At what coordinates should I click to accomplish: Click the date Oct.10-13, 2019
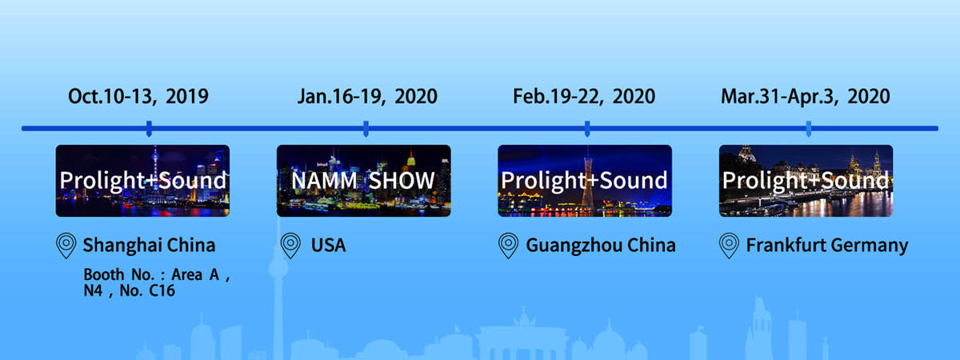coord(138,96)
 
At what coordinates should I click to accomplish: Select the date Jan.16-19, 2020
coord(367,96)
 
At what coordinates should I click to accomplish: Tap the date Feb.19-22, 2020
coord(584,96)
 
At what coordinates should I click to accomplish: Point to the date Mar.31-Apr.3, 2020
coord(806,96)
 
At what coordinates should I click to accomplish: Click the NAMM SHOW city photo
coord(363,181)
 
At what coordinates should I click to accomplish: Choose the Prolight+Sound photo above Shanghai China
coord(142,181)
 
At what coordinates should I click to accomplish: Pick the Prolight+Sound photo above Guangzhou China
coord(585,181)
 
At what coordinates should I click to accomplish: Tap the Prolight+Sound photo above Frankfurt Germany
coord(806,181)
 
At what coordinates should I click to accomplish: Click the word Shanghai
coord(122,246)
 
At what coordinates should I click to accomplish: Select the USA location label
coord(328,245)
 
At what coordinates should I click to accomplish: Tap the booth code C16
coord(162,290)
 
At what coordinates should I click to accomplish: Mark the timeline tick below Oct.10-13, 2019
coord(149,129)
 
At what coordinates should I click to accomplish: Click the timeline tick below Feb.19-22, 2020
coord(587,129)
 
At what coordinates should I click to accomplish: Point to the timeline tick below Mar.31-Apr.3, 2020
coord(809,129)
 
